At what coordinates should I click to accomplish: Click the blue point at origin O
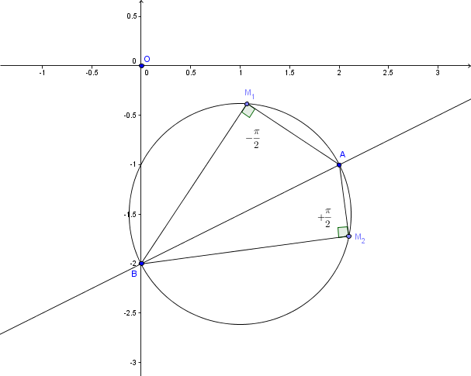(141, 66)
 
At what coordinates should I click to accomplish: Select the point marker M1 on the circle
(247, 104)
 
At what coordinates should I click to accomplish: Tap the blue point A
(339, 165)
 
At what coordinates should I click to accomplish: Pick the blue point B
(142, 264)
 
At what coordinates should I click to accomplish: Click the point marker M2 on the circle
(348, 236)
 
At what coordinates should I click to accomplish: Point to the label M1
(250, 94)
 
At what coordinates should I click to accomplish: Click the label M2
(360, 238)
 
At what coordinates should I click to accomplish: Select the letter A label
(342, 155)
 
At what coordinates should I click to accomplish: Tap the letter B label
(134, 274)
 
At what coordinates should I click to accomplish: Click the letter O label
(147, 59)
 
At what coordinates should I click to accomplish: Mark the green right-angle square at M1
(248, 111)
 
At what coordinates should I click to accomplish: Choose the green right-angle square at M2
(343, 232)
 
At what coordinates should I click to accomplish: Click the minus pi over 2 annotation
(253, 139)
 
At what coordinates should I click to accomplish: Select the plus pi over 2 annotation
(324, 218)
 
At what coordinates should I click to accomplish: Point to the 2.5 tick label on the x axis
(388, 73)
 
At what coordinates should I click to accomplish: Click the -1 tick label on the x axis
(42, 73)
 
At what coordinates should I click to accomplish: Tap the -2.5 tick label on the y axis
(130, 313)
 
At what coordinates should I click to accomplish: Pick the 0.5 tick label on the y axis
(132, 16)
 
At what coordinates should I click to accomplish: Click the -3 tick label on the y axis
(133, 363)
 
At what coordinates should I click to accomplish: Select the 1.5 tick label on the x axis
(289, 73)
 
